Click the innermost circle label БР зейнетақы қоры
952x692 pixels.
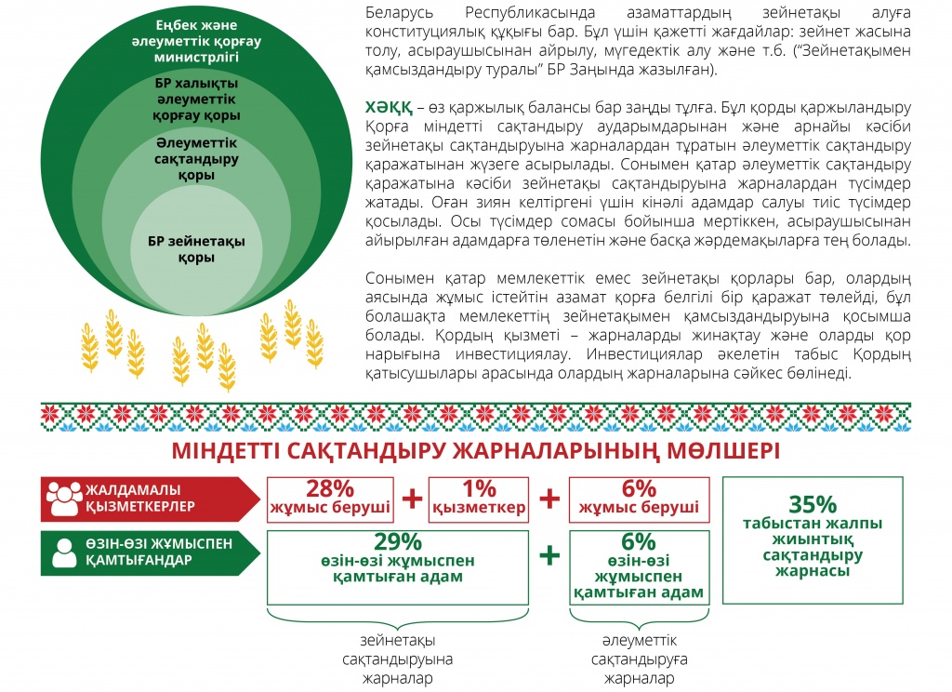(x=196, y=249)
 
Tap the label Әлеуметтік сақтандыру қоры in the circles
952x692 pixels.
(x=196, y=159)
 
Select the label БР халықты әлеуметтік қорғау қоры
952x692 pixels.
(x=196, y=99)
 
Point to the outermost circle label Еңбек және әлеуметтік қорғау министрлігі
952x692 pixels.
(x=196, y=41)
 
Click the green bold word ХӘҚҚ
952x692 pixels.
(x=389, y=108)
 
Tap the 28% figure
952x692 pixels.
(x=330, y=488)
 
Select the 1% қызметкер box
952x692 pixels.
(x=479, y=499)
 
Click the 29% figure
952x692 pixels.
(x=398, y=541)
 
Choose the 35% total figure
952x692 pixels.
(x=813, y=504)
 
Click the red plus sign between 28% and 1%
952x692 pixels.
(x=412, y=499)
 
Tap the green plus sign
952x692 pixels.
(x=549, y=554)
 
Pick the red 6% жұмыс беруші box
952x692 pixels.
(x=639, y=499)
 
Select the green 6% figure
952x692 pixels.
(x=639, y=541)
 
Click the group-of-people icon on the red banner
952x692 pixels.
(x=64, y=499)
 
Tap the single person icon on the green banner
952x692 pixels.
(x=64, y=552)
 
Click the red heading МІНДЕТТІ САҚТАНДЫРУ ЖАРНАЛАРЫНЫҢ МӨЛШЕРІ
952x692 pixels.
(x=475, y=451)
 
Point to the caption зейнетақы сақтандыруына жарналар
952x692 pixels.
(x=398, y=659)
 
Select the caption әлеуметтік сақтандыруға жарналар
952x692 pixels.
(x=640, y=659)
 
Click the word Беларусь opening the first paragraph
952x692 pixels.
(x=400, y=13)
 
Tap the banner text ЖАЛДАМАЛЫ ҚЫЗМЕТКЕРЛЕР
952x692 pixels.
(x=140, y=499)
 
